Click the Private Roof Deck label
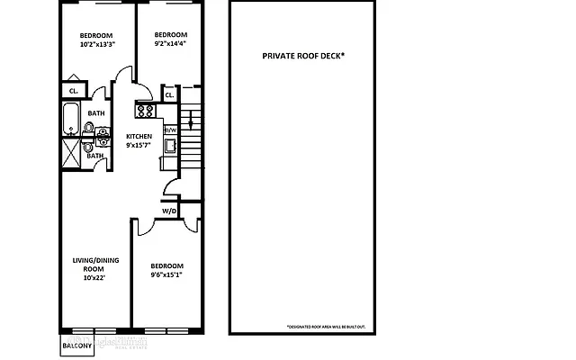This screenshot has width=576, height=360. pyautogui.click(x=303, y=56)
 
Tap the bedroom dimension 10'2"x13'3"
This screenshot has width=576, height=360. pyautogui.click(x=98, y=44)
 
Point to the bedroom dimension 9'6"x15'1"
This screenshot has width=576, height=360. pyautogui.click(x=167, y=274)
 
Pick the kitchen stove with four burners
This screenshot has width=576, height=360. pyautogui.click(x=145, y=111)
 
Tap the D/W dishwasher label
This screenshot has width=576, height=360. pyautogui.click(x=170, y=130)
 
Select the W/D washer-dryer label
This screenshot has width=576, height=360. pyautogui.click(x=169, y=211)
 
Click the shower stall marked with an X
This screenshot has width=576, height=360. pyautogui.click(x=71, y=148)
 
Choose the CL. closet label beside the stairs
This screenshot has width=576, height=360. pyautogui.click(x=169, y=94)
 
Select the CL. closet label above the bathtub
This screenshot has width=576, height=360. pyautogui.click(x=73, y=90)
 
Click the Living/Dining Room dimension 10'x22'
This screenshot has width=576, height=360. pyautogui.click(x=94, y=277)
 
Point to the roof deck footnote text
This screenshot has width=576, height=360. pyautogui.click(x=325, y=326)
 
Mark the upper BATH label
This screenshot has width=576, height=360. pyautogui.click(x=95, y=113)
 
